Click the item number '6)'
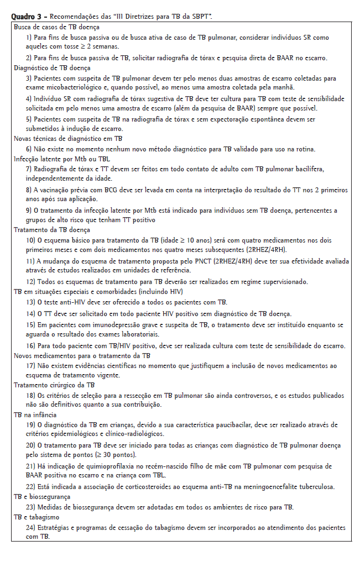coord(29,149)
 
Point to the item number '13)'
coord(30,302)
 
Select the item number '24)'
coord(30,527)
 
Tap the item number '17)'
coord(30,366)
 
